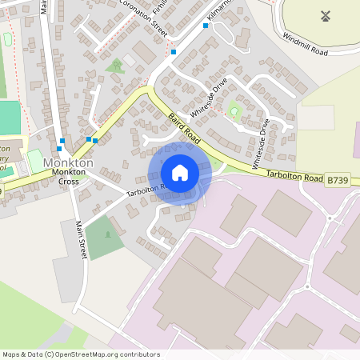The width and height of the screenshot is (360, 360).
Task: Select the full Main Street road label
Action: pos(80,238)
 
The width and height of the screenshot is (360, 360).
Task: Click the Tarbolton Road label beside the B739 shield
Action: pos(293,174)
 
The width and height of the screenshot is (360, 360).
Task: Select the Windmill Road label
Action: pos(304,46)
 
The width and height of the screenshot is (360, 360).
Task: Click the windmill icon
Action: pos(326,15)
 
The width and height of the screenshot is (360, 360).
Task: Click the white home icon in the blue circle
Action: pos(180,172)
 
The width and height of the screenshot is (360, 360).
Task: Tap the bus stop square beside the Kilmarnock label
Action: pos(206,26)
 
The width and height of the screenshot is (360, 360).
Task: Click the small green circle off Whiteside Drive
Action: pos(234,111)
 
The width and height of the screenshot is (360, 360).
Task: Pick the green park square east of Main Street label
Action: pos(103,237)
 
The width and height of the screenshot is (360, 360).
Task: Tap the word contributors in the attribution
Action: pos(138,354)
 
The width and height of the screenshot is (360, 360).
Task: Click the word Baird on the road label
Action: pos(176,123)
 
